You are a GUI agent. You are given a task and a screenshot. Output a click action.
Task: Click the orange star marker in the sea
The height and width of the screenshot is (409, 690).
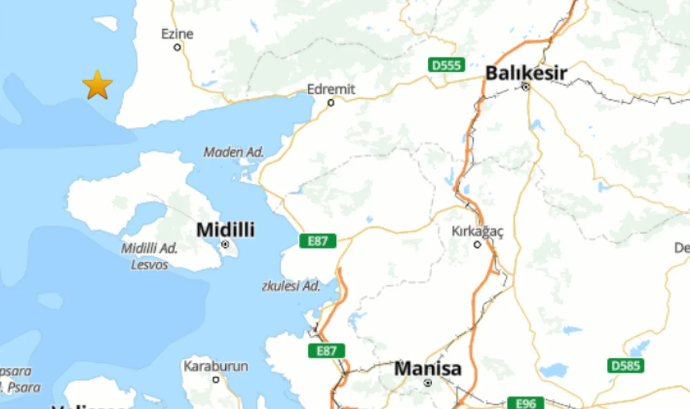(x=98, y=85)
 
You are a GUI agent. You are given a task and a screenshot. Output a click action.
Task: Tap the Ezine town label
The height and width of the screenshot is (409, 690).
(x=177, y=34)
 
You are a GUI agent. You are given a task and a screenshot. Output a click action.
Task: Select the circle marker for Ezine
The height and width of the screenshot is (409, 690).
(x=177, y=47)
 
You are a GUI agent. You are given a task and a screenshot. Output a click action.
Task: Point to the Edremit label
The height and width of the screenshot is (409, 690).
(x=331, y=89)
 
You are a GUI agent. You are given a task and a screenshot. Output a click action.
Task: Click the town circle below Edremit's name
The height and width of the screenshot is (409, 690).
(x=331, y=102)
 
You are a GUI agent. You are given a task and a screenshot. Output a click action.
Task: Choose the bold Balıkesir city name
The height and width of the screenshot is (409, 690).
(x=526, y=73)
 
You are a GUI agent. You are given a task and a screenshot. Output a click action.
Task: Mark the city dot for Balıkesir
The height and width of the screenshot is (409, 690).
(x=526, y=86)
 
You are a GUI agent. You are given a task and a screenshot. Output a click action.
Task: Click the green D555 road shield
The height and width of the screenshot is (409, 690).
(x=446, y=65)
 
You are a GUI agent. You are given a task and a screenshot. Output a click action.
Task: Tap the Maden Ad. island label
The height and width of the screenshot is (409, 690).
(x=234, y=152)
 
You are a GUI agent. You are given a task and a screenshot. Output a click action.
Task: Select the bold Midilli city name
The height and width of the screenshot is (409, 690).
(x=225, y=230)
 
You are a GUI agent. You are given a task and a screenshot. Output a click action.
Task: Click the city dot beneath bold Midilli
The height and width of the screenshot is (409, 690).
(x=225, y=245)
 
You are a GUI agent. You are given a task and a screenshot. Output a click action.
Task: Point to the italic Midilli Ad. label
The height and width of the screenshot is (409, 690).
(x=149, y=248)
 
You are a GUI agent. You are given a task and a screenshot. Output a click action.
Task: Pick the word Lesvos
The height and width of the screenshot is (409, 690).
(x=149, y=265)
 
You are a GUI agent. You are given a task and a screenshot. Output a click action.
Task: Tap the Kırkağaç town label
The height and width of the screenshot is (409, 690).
(x=477, y=231)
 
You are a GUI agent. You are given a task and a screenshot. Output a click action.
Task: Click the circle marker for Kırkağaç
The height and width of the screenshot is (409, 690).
(x=477, y=245)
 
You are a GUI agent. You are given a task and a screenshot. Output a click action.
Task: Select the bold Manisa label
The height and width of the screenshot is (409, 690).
(x=428, y=369)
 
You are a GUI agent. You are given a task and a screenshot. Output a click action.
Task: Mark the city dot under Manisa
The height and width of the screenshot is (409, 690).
(x=428, y=383)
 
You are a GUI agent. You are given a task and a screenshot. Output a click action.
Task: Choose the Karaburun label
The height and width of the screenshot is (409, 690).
(x=216, y=366)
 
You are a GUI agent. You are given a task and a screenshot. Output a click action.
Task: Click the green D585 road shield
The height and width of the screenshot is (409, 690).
(x=625, y=366)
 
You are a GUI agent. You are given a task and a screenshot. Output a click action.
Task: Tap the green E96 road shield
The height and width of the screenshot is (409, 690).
(x=526, y=403)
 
